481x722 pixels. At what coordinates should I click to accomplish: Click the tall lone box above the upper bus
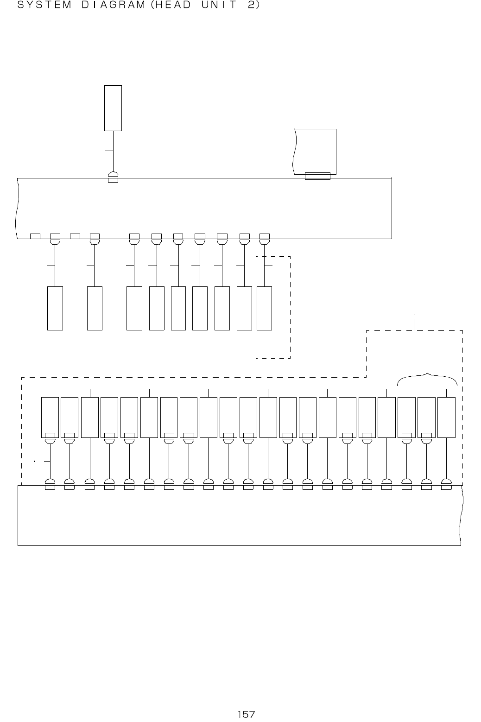[113, 108]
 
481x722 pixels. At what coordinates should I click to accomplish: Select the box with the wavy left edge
[316, 151]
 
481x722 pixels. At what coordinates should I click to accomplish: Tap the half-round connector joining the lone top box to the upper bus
[113, 174]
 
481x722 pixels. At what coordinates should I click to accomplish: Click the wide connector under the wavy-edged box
[317, 176]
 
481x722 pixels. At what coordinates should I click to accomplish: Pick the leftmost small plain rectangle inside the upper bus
[35, 236]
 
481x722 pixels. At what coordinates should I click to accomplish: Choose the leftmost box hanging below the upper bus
[55, 308]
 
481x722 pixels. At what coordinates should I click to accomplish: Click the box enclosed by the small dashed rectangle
[265, 308]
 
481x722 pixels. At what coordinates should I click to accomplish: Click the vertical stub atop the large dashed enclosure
[414, 324]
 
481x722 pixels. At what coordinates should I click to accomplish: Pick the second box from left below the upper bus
[95, 308]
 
